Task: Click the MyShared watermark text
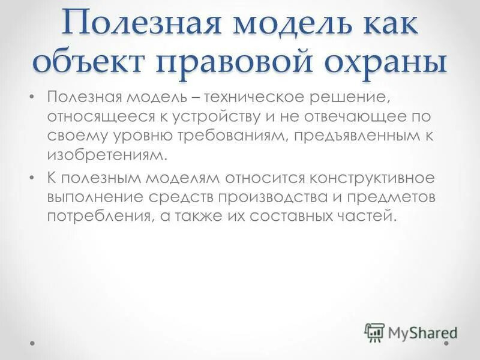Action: tap(423, 331)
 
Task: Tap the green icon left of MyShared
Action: tap(374, 331)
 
